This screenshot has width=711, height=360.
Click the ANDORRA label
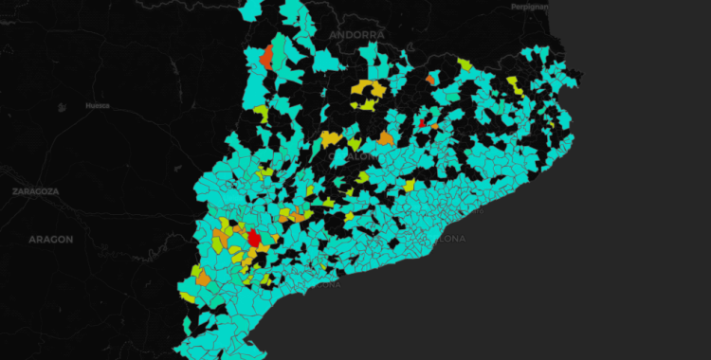357,34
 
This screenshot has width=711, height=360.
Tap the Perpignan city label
529,7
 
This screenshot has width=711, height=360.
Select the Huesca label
97,105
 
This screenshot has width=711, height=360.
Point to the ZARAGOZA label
36,190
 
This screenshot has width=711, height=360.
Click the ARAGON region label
50,239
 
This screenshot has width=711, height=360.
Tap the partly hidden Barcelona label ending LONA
448,239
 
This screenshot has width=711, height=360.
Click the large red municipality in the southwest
254,237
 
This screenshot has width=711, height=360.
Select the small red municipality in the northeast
421,122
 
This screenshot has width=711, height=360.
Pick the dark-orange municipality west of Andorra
267,56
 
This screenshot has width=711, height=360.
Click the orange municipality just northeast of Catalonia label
385,138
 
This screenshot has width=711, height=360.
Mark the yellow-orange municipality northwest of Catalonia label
330,139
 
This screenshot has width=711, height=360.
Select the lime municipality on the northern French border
465,64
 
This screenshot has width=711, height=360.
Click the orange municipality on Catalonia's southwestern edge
203,279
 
